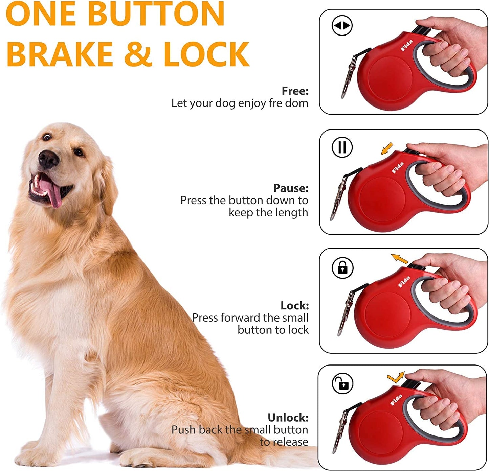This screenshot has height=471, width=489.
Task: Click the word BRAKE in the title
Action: coord(60,54)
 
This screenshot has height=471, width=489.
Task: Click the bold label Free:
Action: coord(295,91)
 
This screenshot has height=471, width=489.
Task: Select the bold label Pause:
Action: coord(291,188)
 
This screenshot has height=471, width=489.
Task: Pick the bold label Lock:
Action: coord(294,306)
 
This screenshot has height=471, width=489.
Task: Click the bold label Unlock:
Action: coord(288,418)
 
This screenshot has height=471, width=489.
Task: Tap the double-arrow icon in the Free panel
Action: coord(342,26)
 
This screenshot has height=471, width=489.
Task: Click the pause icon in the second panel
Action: coord(342,147)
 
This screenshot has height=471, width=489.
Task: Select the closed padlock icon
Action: coord(342,268)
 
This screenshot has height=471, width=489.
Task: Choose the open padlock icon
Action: coord(342,384)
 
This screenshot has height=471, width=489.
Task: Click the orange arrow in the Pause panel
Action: coord(387,148)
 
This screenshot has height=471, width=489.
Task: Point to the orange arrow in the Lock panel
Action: coord(400,259)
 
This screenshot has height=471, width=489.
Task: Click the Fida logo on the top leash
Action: coord(407,46)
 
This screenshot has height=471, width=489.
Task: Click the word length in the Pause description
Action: coord(291,213)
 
